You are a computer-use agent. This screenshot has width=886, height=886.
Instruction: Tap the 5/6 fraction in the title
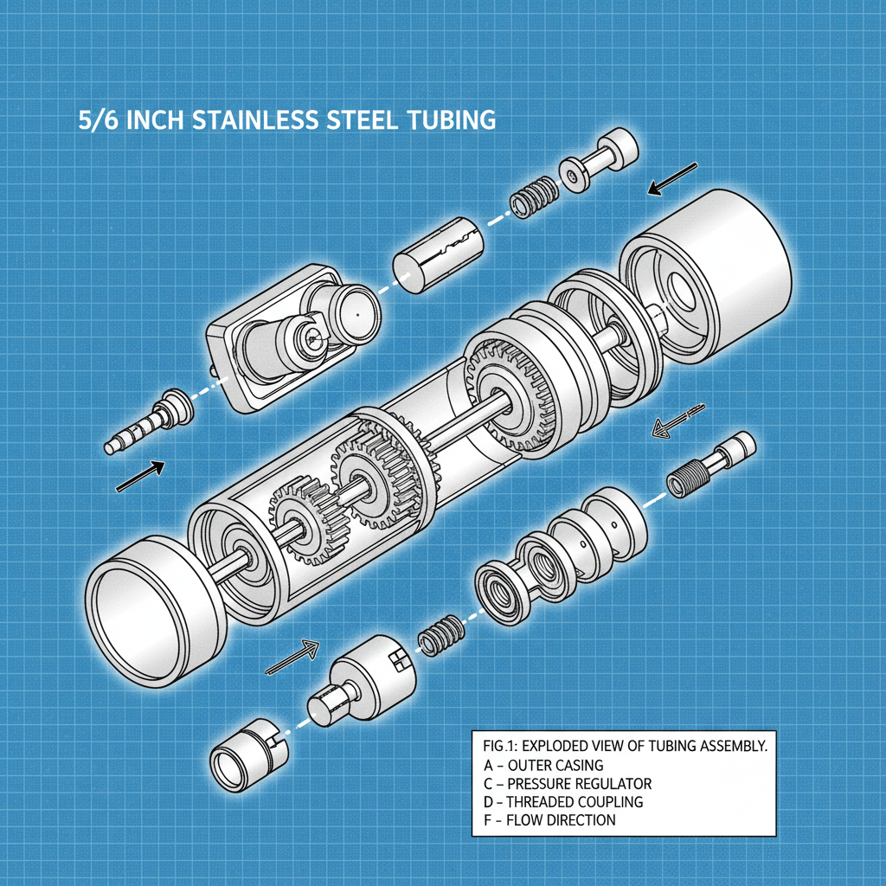coord(99,119)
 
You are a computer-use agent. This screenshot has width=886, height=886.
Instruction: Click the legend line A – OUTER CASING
coord(543,765)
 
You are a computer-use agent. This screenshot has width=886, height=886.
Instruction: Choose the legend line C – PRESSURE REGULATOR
coord(568,783)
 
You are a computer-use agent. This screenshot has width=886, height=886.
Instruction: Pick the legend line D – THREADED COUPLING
coord(563,801)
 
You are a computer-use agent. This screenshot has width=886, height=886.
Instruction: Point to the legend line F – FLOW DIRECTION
coord(549,819)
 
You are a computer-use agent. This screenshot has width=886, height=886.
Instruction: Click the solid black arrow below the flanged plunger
coord(672,178)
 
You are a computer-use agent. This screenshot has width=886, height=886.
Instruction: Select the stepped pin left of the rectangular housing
coord(148,421)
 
